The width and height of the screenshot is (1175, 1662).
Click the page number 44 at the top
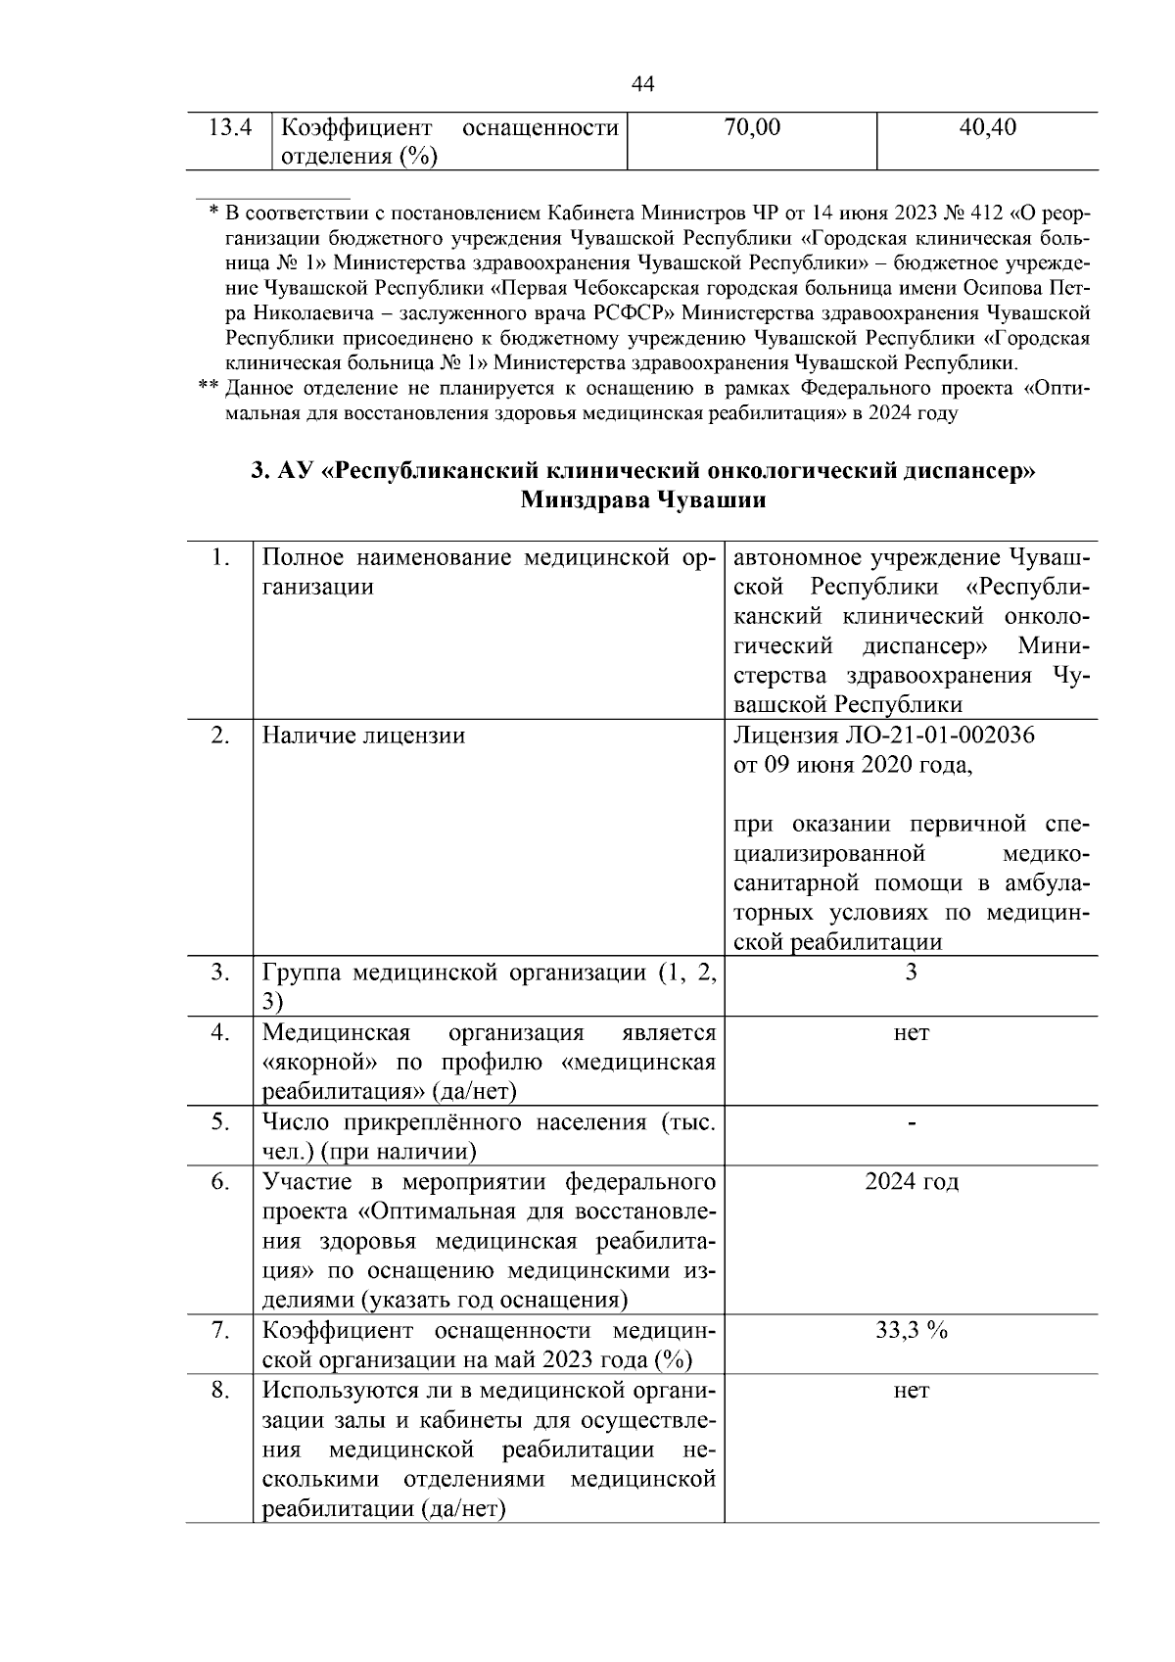[642, 84]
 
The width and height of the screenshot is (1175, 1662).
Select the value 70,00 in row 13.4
[752, 127]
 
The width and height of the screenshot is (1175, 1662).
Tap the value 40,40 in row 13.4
[988, 127]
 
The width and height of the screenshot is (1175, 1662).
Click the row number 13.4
[232, 127]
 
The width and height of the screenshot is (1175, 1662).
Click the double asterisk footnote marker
[208, 389]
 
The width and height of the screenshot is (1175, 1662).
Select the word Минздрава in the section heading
[583, 500]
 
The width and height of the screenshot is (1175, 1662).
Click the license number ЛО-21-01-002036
[937, 736]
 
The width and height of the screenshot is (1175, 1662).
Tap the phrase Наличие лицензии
[363, 736]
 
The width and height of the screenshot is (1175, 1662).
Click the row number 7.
[220, 1331]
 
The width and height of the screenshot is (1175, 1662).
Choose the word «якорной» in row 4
[321, 1063]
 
